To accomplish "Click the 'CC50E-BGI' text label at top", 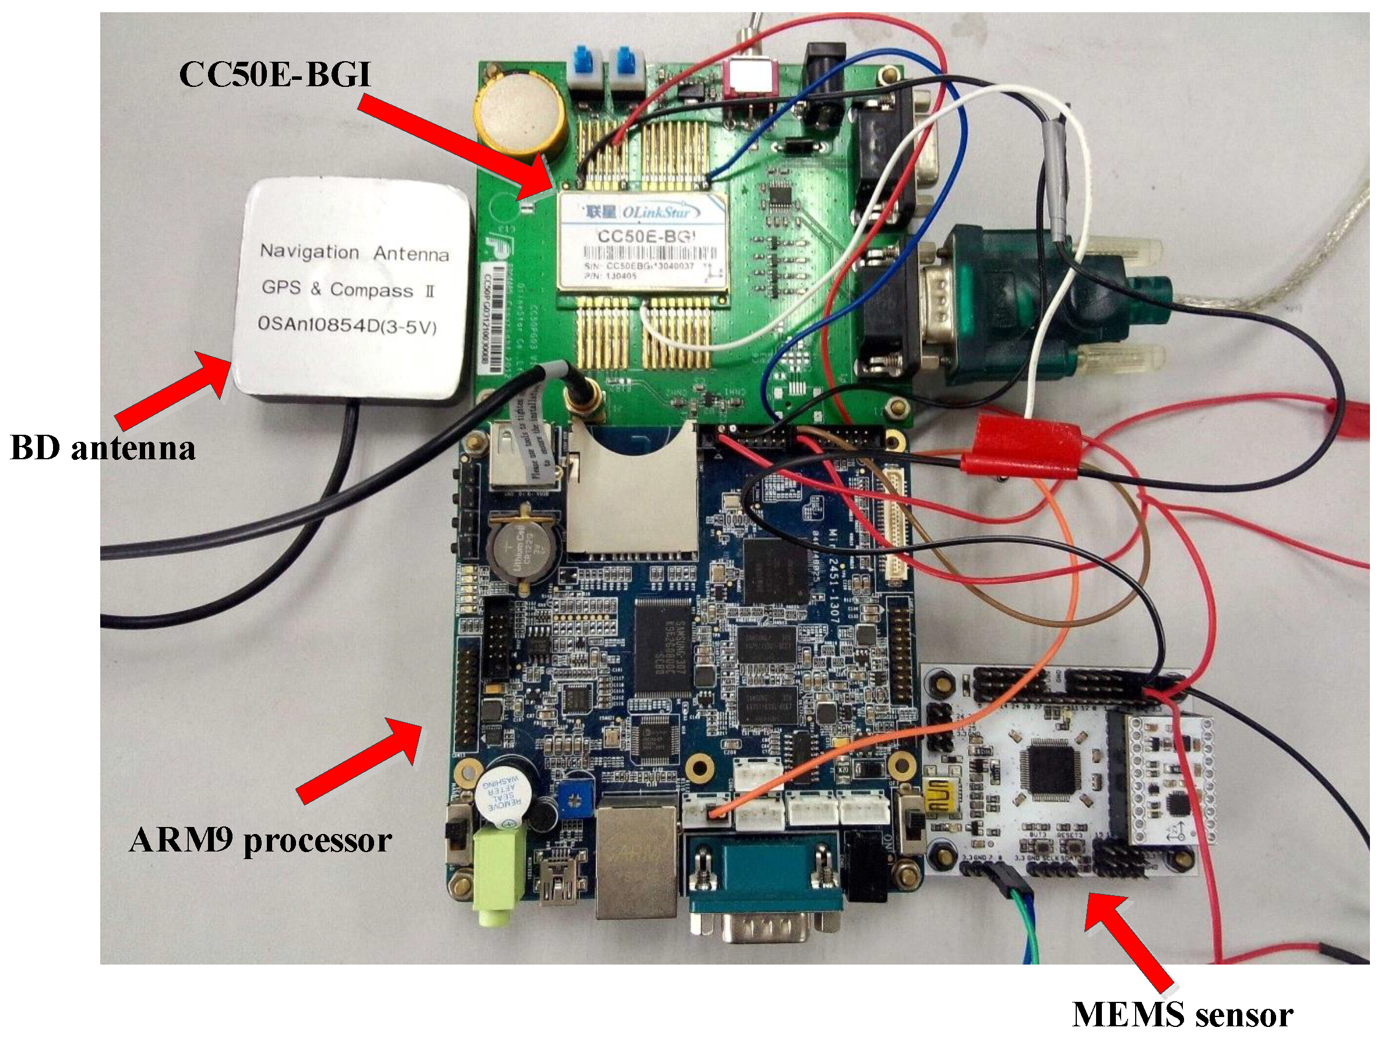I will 274,73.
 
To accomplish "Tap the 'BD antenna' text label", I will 103,448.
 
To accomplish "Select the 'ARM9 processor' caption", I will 260,840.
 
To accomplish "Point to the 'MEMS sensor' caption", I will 1182,1015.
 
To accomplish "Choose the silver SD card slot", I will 632,494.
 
